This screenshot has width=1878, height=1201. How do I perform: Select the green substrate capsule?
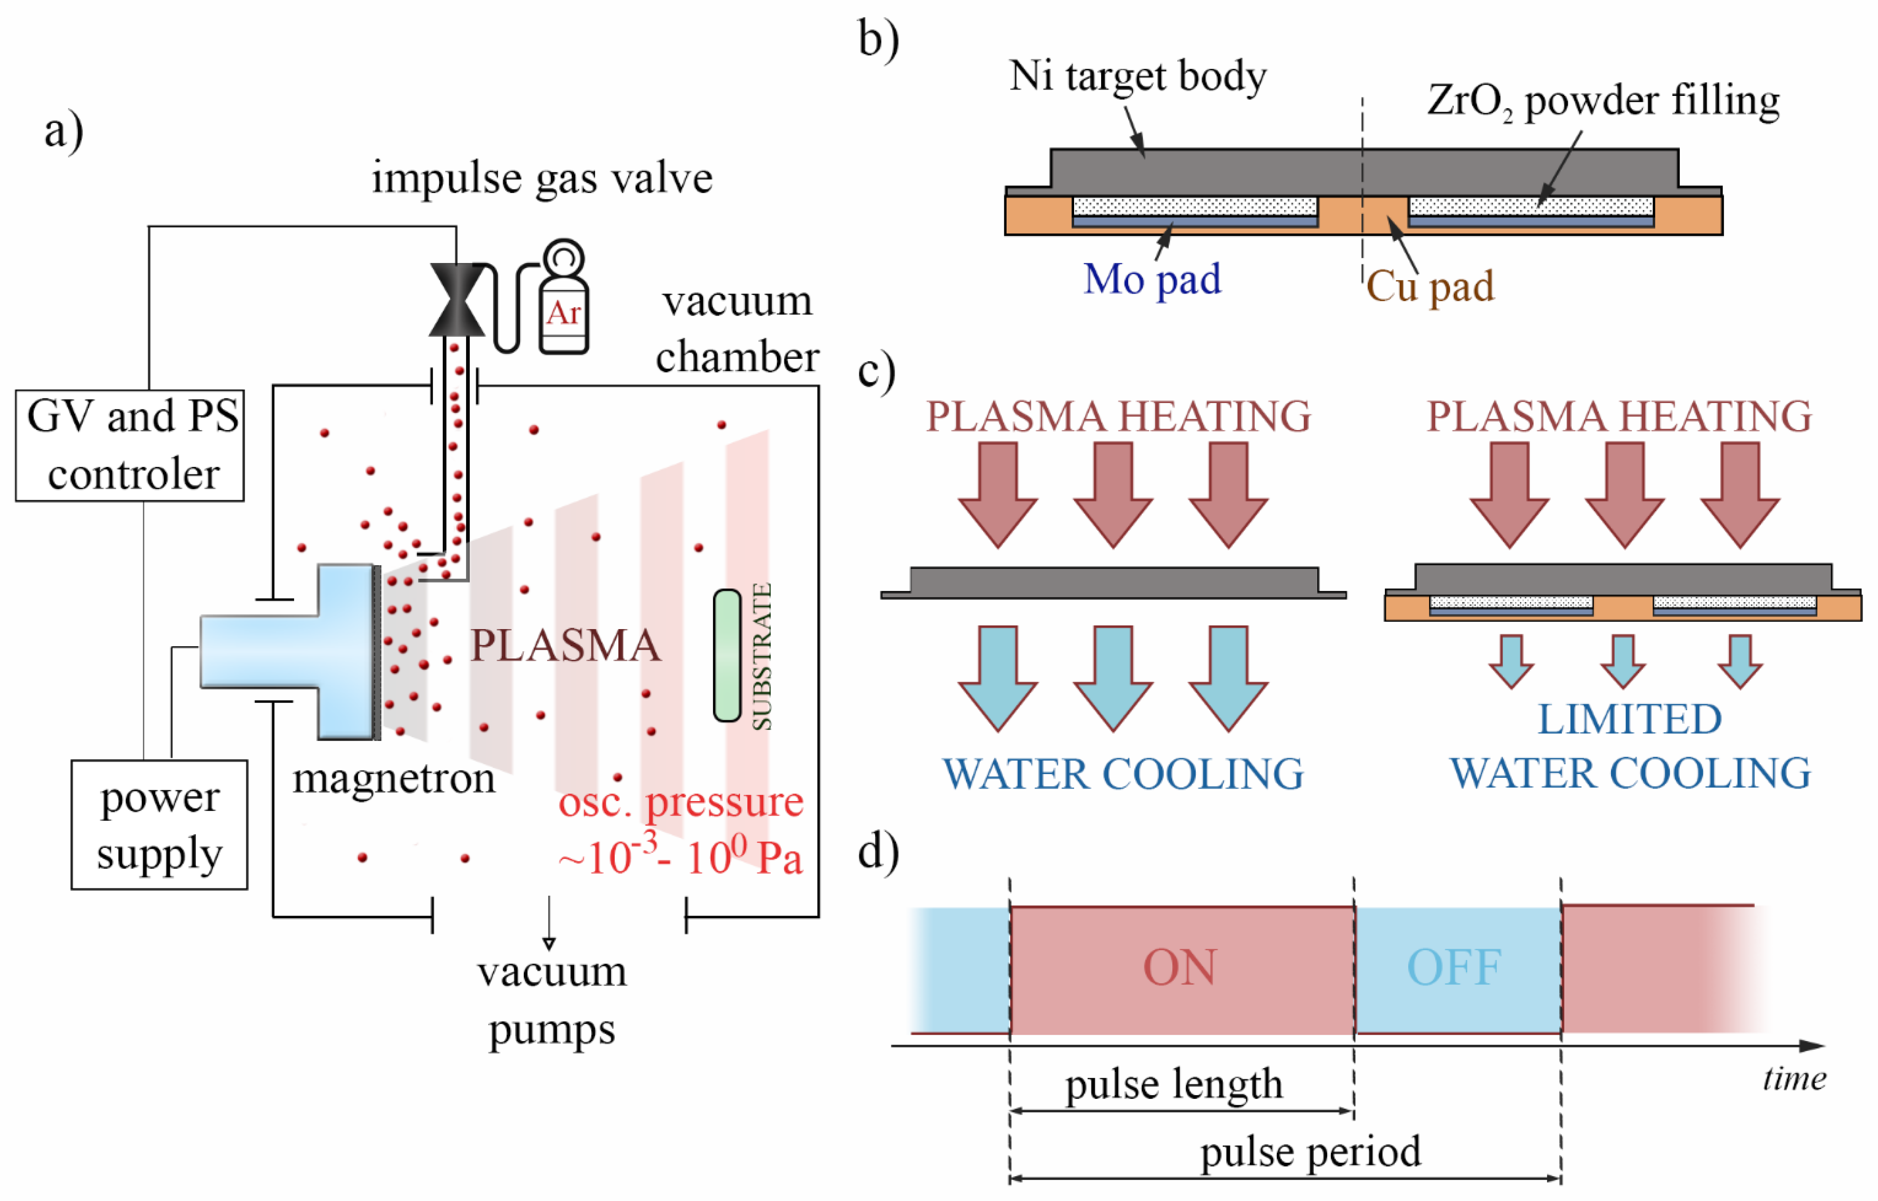(727, 655)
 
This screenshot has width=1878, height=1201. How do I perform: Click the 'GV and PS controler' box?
(130, 445)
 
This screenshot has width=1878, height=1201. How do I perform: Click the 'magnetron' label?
(394, 778)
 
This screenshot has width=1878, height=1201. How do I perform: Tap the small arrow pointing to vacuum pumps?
(549, 923)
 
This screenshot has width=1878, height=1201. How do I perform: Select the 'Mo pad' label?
(1152, 279)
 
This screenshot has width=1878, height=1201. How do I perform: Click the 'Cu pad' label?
(1430, 286)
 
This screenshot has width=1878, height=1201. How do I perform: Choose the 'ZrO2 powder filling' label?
(1603, 101)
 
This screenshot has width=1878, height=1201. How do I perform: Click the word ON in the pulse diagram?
(1180, 968)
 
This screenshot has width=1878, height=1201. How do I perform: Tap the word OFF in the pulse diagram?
(1454, 968)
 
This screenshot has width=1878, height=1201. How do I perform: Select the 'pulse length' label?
(1174, 1084)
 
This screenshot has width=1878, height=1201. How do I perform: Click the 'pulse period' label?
(1310, 1152)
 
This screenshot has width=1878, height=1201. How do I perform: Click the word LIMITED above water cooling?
(1629, 719)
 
